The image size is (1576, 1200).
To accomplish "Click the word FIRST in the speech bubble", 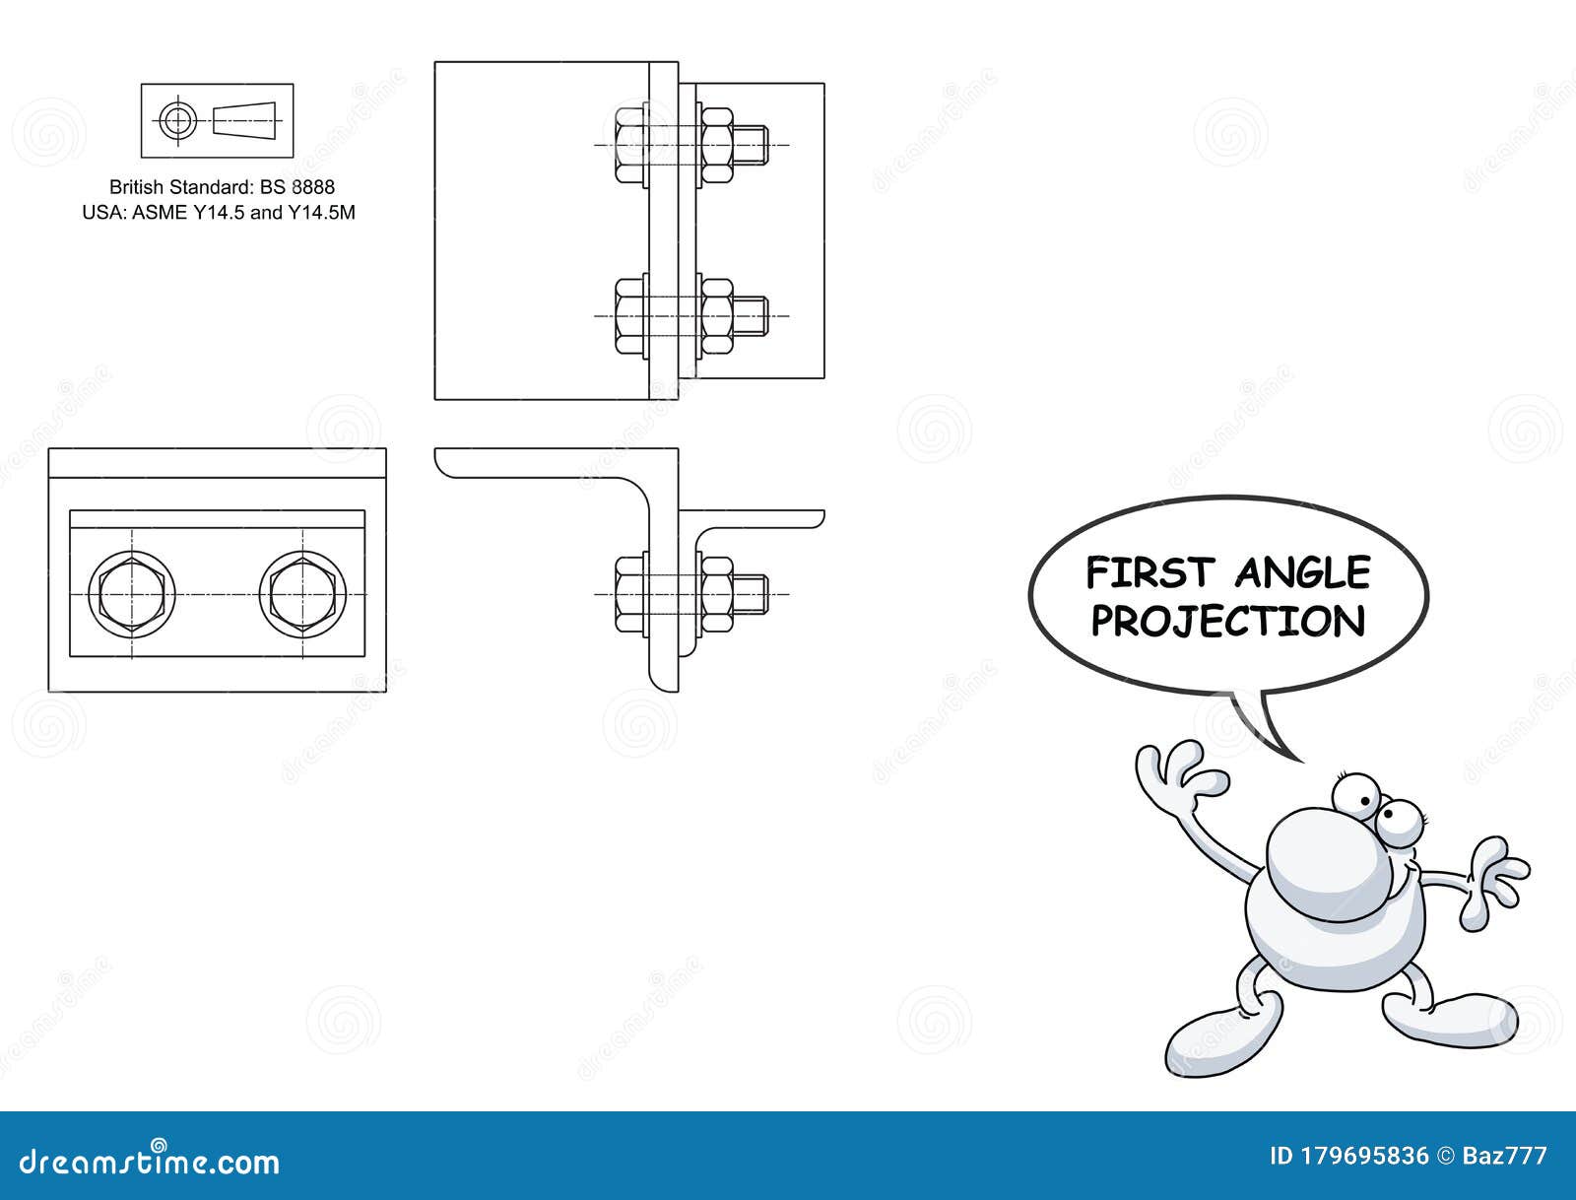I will click(1149, 572).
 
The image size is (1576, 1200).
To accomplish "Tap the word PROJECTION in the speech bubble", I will click(1228, 622).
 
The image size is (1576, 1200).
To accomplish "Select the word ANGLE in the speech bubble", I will click(1302, 572).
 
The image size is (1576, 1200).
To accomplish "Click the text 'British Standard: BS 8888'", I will click(222, 187).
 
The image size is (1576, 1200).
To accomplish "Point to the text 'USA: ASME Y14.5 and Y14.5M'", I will click(219, 212).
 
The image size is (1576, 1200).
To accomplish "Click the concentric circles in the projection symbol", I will click(177, 120).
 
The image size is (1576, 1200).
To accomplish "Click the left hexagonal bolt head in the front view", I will click(132, 594).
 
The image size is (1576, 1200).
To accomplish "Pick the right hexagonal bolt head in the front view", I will click(303, 594).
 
